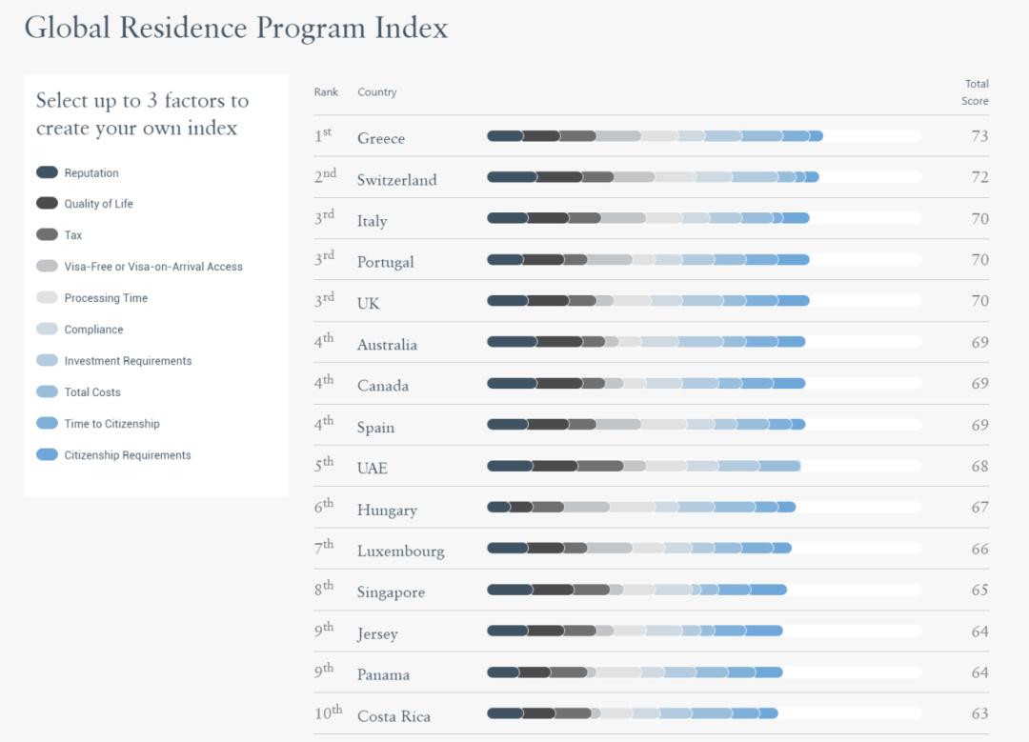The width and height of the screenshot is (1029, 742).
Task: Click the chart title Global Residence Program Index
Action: click(235, 28)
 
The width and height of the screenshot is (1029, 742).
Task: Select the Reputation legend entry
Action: click(91, 173)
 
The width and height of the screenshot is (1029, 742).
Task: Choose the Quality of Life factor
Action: click(98, 204)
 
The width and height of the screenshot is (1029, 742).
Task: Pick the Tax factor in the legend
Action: click(73, 235)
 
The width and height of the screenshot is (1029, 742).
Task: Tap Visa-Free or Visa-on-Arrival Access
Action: click(152, 267)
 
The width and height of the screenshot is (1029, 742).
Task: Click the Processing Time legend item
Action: click(106, 298)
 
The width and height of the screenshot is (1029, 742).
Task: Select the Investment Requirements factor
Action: click(128, 361)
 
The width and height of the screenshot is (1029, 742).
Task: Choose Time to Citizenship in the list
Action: click(111, 424)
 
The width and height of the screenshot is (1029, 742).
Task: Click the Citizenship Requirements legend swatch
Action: click(48, 455)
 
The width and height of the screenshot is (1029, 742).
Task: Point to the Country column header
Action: click(376, 92)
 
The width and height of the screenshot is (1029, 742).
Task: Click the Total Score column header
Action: click(976, 92)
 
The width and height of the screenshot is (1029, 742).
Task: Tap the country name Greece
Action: click(381, 138)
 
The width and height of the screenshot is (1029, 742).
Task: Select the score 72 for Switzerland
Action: click(979, 177)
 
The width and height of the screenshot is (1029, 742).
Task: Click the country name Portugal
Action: click(385, 262)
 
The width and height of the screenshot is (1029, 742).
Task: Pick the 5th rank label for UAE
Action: click(324, 466)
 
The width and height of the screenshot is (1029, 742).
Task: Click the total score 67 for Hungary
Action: click(979, 508)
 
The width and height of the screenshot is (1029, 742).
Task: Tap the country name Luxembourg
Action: click(400, 551)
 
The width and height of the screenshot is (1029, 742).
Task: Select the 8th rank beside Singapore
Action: click(324, 590)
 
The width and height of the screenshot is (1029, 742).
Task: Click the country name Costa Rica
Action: click(393, 716)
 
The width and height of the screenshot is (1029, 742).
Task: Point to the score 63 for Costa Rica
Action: click(979, 713)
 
